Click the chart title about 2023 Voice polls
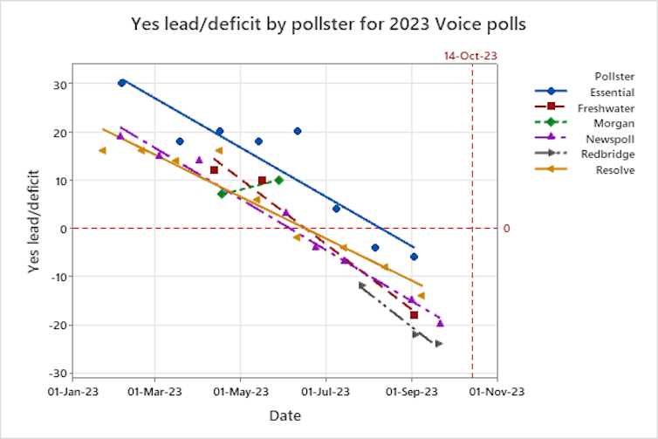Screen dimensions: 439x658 point(328,23)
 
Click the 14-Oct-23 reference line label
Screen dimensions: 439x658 point(470,56)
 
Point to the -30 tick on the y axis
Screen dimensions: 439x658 point(56,374)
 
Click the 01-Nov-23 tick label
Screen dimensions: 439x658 point(497,392)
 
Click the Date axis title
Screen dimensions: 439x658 point(284,415)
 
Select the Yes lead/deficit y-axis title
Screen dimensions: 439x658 point(34,229)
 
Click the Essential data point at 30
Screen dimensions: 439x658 point(122,83)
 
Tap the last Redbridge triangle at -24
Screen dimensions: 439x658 point(439,344)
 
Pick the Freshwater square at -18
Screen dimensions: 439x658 point(414,315)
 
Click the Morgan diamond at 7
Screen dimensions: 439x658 point(222,194)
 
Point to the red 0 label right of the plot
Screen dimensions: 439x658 point(506,229)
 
